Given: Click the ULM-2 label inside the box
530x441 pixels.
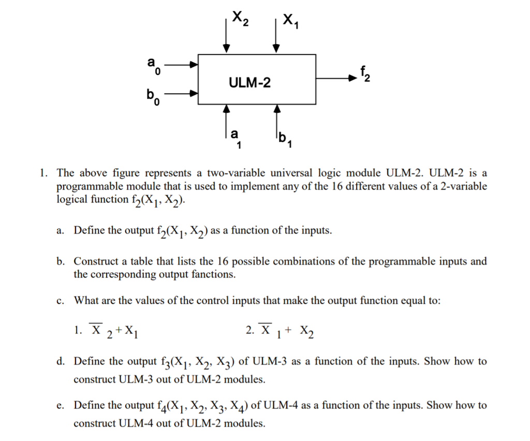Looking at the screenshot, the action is pyautogui.click(x=249, y=82).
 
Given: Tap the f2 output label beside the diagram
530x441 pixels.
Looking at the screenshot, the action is pyautogui.click(x=365, y=75).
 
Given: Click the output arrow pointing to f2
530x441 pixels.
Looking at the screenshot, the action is pyautogui.click(x=336, y=79).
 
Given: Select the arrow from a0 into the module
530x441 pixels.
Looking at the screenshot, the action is pyautogui.click(x=181, y=65).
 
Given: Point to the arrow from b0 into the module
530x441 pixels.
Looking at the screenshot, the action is pyautogui.click(x=181, y=94).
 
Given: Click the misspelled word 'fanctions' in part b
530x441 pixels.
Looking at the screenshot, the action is pyautogui.click(x=214, y=274).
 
